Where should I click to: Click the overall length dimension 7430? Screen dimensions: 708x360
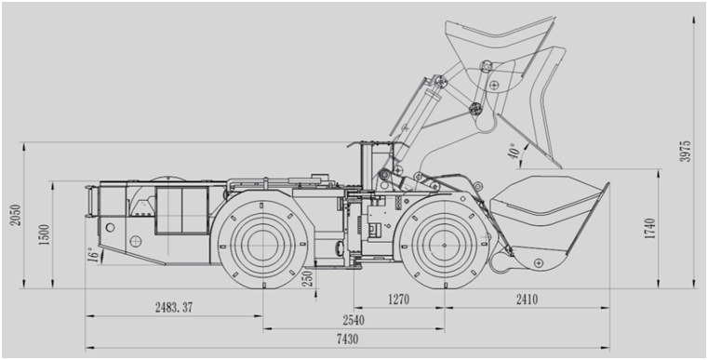347,340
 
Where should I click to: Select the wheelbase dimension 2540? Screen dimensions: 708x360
354,320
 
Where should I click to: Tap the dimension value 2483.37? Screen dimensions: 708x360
174,307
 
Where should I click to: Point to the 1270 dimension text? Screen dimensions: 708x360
398,300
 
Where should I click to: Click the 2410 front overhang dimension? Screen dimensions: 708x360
527,300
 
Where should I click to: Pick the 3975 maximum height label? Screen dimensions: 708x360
685,152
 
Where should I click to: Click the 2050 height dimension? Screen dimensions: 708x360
16,216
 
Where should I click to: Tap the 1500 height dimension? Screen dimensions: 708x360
45,234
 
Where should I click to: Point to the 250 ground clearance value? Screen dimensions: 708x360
308,279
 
